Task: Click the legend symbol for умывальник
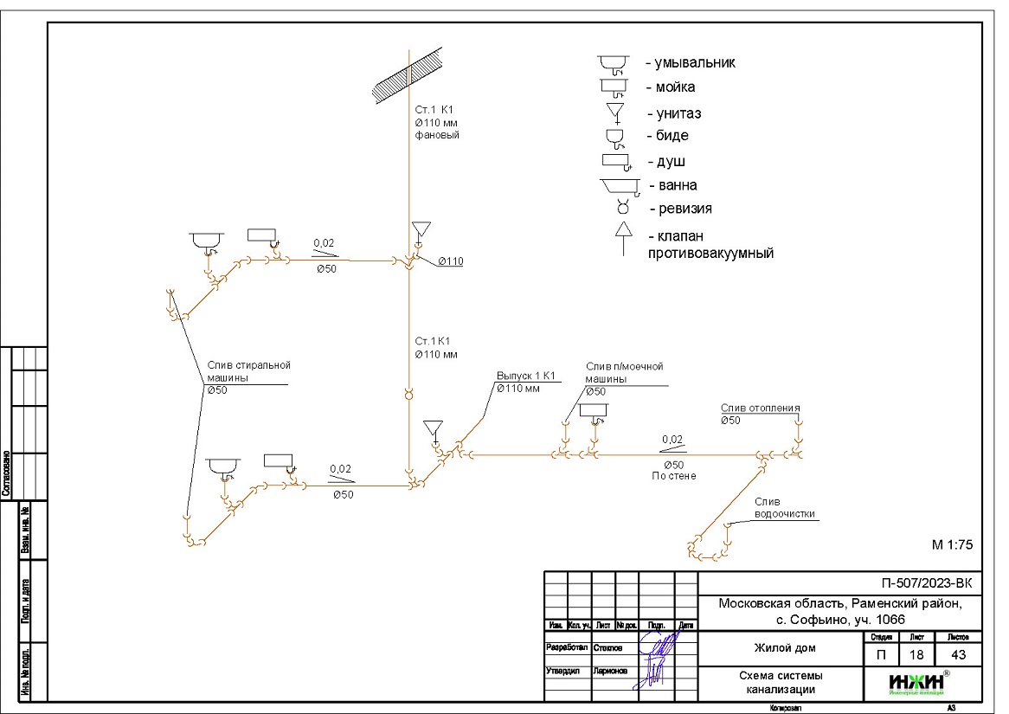[615, 63]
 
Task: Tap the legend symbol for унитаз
[615, 113]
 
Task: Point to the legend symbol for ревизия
[621, 209]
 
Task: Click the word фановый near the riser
[437, 136]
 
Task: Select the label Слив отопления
[760, 408]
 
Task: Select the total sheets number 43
[957, 655]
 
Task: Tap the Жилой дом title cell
[780, 647]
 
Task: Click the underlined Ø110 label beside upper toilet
[450, 261]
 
